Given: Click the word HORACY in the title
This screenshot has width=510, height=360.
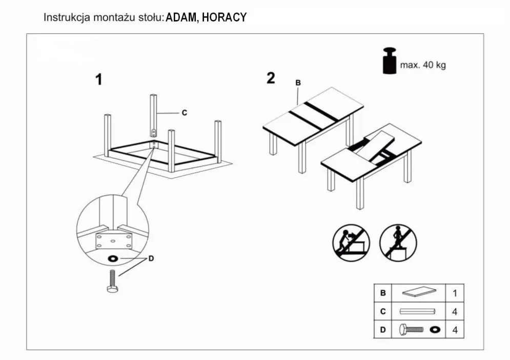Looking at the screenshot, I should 224,18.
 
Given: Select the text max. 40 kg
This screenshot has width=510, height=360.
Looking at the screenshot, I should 422,66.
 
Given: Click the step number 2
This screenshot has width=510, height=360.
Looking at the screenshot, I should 271,78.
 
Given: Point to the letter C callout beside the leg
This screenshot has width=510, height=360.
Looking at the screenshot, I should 184,113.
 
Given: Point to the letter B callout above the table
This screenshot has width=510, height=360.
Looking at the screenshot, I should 298,83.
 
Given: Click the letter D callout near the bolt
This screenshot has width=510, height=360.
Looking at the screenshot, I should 151,258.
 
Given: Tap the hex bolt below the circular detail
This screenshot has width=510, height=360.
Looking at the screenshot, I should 112,282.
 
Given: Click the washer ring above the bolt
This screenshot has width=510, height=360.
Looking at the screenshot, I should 112,258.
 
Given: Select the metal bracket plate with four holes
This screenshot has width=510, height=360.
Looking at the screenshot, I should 113,241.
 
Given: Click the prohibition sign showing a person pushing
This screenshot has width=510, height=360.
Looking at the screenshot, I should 351,243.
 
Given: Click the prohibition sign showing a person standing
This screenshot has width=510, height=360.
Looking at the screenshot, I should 398,243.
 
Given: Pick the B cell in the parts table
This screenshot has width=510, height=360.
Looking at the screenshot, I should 382,293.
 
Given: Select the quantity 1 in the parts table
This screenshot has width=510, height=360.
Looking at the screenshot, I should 455,293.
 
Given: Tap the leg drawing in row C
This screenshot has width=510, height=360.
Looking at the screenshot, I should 418,311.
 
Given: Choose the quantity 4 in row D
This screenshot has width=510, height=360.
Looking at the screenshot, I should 455,330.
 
